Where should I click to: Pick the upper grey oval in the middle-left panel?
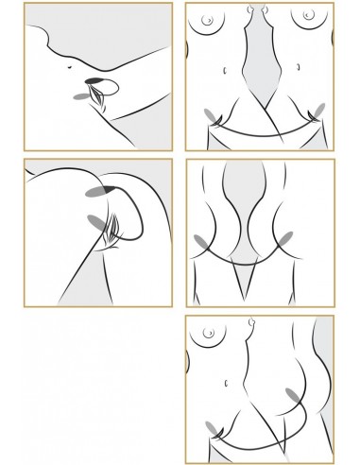95,191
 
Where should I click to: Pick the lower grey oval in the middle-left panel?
96,221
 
